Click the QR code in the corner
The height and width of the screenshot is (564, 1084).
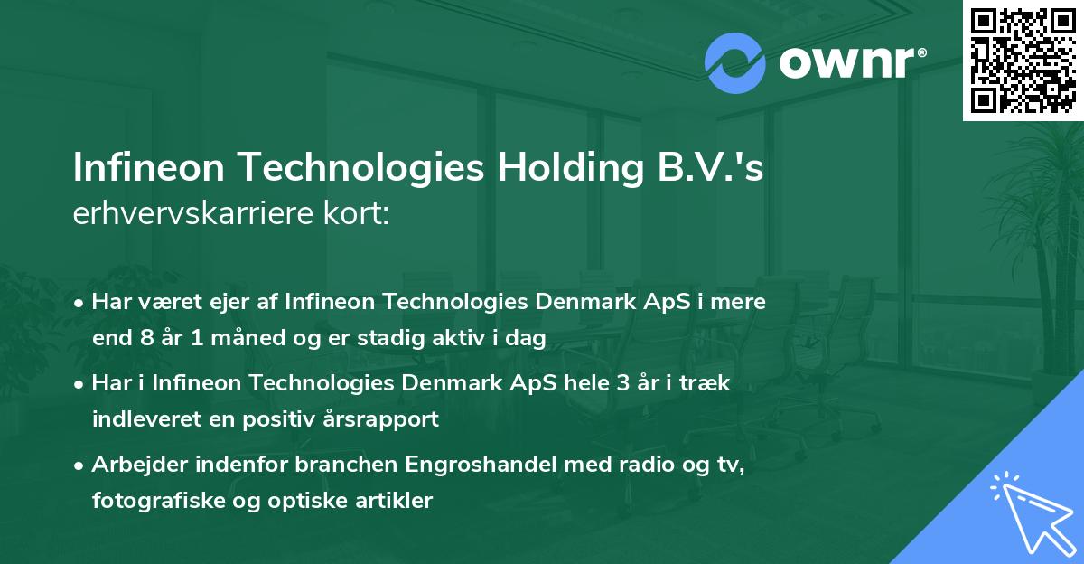click(x=1023, y=61)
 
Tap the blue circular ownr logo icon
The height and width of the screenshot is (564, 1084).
click(x=735, y=63)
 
